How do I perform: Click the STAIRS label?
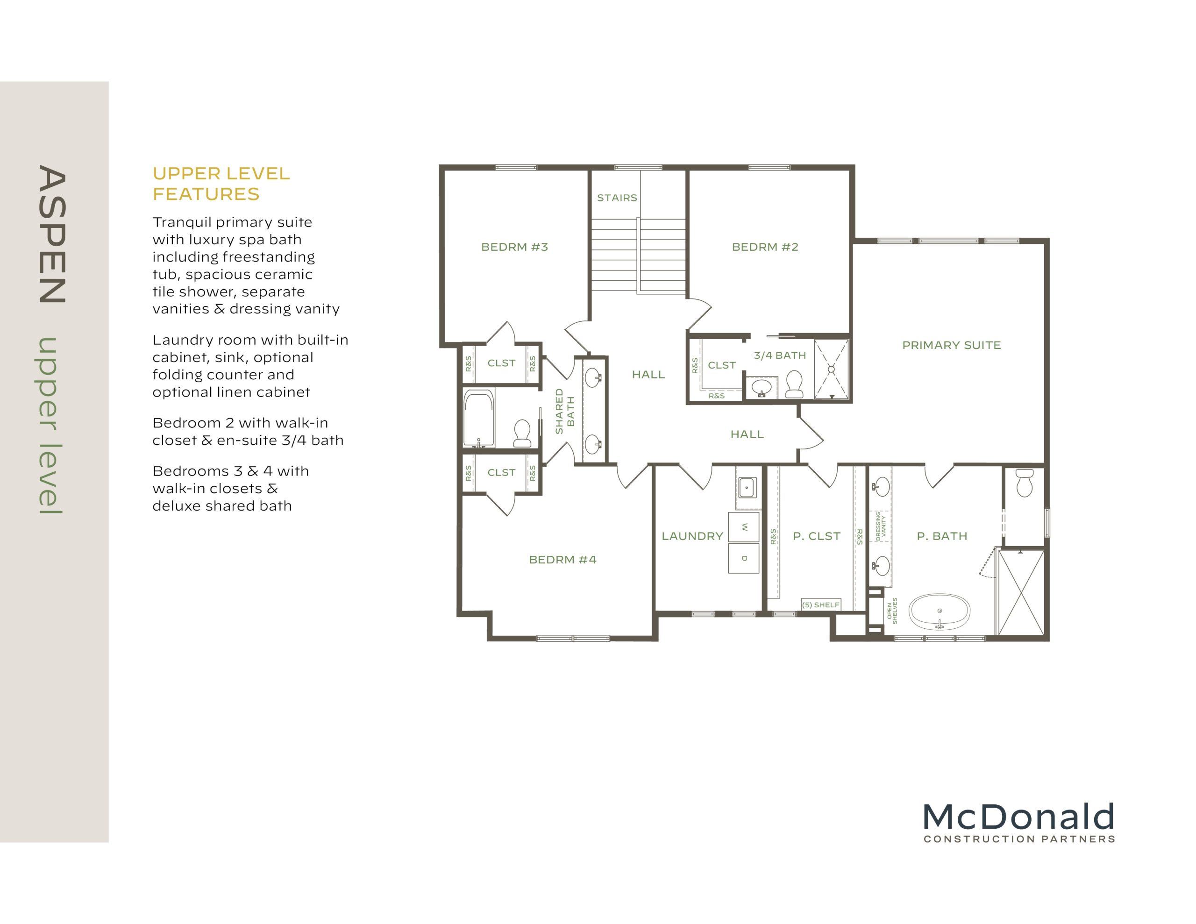click(x=617, y=198)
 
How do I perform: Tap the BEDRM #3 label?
click(x=514, y=247)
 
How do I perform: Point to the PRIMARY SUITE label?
click(x=951, y=345)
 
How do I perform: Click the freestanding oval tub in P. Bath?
click(x=939, y=611)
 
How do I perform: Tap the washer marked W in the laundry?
click(x=743, y=527)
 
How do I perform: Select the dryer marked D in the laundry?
click(x=743, y=558)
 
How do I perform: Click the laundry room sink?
click(x=747, y=487)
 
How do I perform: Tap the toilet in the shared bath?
click(x=522, y=433)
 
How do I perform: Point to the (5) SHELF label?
click(x=820, y=604)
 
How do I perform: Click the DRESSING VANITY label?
click(x=881, y=526)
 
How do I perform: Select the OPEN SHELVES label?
click(x=891, y=611)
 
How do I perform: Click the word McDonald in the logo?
click(x=1018, y=817)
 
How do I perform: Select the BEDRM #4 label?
click(x=562, y=560)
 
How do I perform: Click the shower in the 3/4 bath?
click(x=831, y=369)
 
